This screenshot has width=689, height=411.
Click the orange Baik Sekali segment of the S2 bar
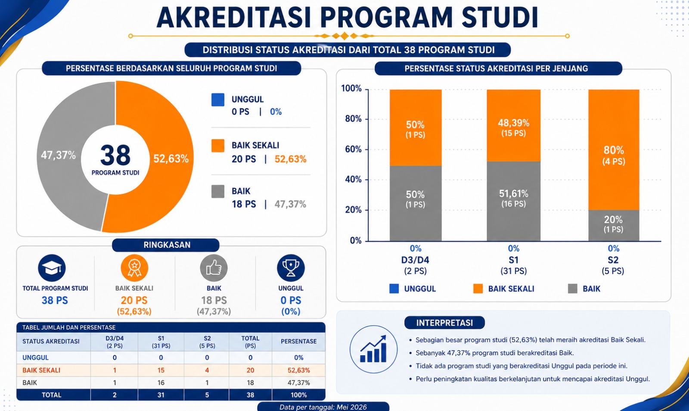coord(614,150)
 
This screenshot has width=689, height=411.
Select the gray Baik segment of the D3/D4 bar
coord(416,203)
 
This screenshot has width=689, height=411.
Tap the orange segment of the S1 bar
coord(513,125)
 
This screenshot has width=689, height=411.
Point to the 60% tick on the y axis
coord(353,149)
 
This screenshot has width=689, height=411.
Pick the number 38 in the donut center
coord(115,156)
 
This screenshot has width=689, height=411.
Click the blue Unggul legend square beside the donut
coord(218,100)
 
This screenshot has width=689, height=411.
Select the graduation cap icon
coord(52,268)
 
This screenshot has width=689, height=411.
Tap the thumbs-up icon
coord(214,268)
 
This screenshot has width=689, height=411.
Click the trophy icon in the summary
coord(291,268)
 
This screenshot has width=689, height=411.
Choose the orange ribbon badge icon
coord(134,268)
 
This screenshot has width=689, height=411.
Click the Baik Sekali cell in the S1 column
coord(161,370)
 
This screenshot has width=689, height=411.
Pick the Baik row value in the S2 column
coord(207,383)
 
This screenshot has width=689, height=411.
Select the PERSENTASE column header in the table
coord(299,342)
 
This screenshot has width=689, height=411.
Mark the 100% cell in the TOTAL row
coord(299,395)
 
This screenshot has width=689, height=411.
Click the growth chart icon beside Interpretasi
coord(373,349)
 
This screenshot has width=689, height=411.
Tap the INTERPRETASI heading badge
coord(444,323)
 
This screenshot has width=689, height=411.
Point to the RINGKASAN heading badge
coord(166,245)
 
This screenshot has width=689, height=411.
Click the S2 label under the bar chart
coord(613,260)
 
